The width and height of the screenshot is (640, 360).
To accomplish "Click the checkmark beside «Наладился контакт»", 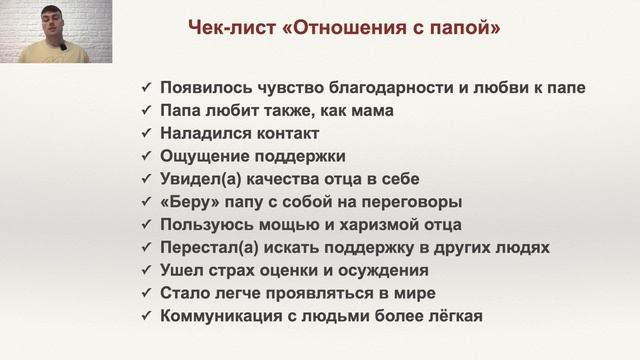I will click(146, 133).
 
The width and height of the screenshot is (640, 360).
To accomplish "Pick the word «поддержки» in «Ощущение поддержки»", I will click(301, 156).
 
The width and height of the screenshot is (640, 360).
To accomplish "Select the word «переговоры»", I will click(393, 202).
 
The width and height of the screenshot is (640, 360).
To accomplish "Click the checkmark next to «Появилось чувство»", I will click(146, 87).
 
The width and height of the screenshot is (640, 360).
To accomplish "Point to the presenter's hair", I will click(51, 8).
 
